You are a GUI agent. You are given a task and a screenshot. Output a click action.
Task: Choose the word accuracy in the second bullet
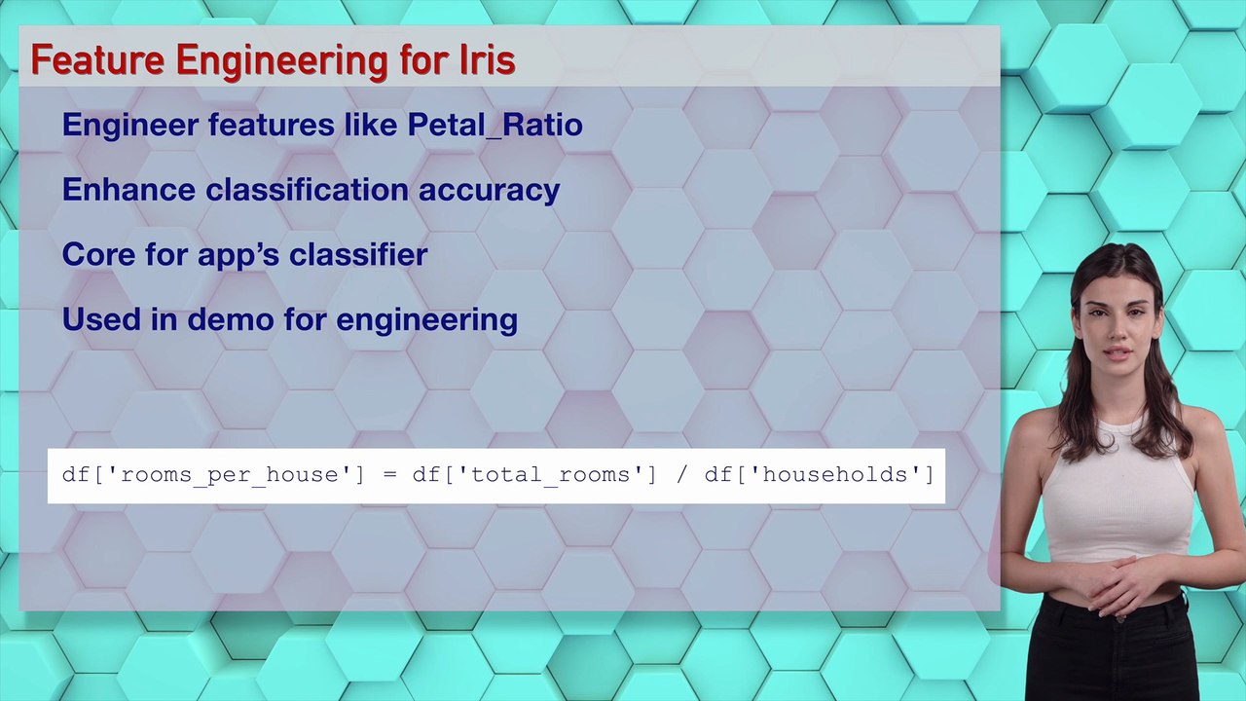(489, 189)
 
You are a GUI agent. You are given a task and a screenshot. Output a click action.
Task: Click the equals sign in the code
(389, 475)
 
